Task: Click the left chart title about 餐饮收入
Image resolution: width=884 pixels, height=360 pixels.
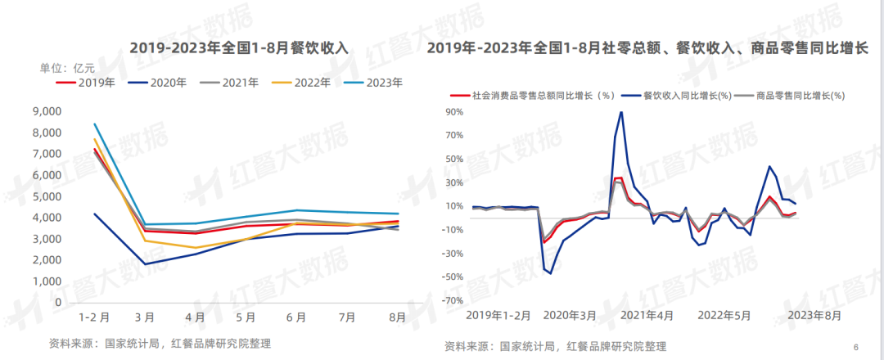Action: (239, 48)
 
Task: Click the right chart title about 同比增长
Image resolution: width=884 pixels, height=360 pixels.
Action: (647, 48)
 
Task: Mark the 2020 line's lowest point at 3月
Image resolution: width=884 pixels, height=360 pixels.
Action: (145, 263)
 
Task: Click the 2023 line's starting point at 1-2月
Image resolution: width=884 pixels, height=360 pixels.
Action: (95, 124)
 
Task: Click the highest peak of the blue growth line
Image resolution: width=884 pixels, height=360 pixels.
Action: (621, 112)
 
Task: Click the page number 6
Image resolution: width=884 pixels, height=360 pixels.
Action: (855, 346)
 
